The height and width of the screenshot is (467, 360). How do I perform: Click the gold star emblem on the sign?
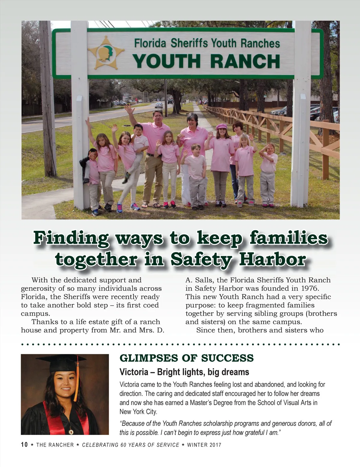click(106, 53)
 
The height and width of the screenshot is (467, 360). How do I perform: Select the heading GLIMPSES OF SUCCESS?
click(186, 358)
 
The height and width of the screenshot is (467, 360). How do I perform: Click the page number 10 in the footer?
click(24, 445)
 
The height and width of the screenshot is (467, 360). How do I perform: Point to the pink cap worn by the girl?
click(221, 126)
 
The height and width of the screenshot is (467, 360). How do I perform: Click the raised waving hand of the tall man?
click(130, 109)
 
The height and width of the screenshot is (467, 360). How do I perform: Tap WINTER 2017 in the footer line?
click(204, 445)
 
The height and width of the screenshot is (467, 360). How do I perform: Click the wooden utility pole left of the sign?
click(48, 99)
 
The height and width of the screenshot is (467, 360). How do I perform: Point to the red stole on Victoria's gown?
click(51, 421)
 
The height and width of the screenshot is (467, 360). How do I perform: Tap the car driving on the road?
click(159, 105)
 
